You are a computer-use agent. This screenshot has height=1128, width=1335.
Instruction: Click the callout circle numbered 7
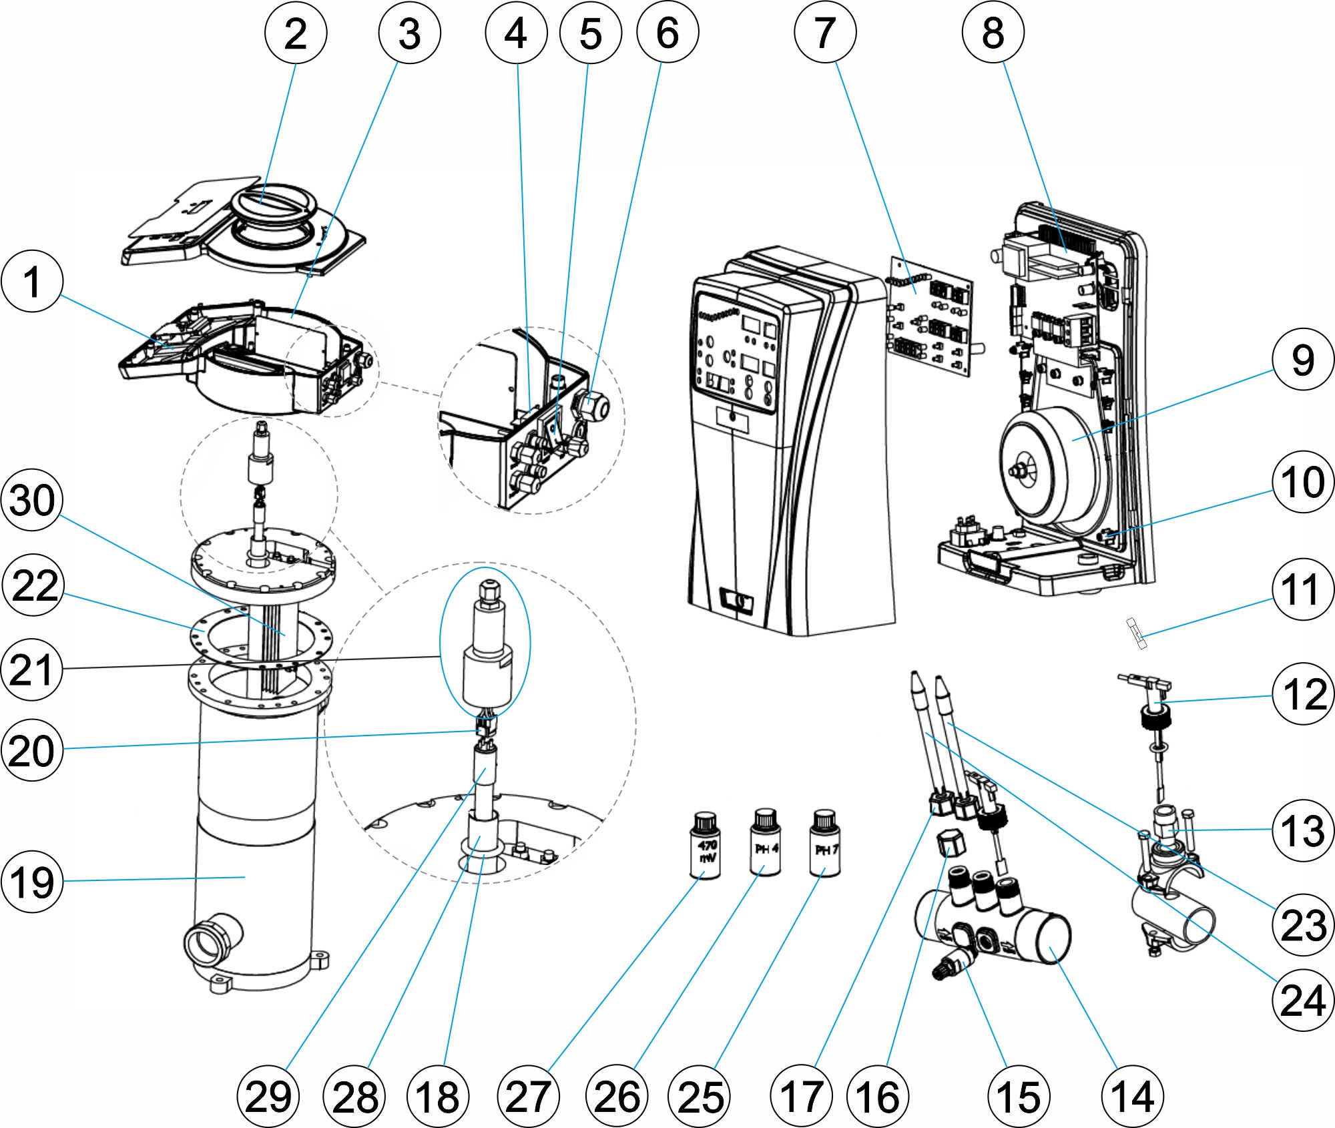[825, 32]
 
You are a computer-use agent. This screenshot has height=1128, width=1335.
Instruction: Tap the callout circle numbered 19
[32, 882]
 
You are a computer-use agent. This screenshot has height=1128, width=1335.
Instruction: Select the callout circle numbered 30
[32, 500]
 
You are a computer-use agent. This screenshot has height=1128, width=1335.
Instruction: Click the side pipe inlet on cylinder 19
[212, 945]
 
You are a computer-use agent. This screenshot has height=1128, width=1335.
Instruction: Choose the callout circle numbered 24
[1303, 1001]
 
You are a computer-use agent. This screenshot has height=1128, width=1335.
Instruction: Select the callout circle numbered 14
[1132, 1097]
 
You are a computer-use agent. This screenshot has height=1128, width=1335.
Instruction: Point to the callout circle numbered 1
[32, 281]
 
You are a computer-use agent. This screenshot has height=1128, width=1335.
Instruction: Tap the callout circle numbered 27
[528, 1097]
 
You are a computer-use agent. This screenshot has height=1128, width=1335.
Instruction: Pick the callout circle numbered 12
[1303, 694]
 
